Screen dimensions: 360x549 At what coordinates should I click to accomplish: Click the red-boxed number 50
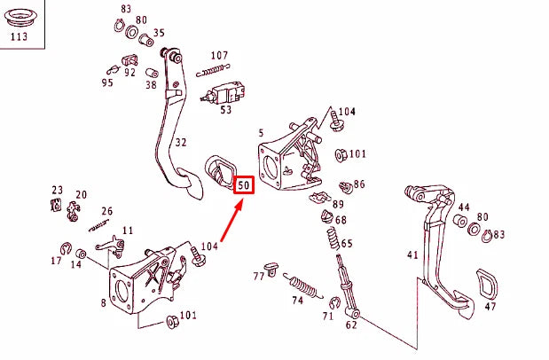pos(244,186)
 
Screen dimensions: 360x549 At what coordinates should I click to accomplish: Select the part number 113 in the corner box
pos(18,37)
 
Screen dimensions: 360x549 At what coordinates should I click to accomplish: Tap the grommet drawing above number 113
pos(18,15)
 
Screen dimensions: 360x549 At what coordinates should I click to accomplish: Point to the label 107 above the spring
pos(219,56)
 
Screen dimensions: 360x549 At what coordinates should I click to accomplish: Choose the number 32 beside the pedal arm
pos(181,141)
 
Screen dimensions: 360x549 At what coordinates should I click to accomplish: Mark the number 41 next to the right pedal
pos(412,255)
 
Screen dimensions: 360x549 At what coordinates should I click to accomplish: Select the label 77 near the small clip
pos(259,276)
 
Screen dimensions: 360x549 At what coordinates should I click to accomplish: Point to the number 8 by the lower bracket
pos(104,303)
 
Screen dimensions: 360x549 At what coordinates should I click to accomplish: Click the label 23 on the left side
pos(58,190)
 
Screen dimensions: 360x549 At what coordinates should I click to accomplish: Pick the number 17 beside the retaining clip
pos(56,262)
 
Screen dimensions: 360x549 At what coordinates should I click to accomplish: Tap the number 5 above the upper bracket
pos(260,133)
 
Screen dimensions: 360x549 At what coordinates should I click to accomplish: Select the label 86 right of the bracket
pos(359,184)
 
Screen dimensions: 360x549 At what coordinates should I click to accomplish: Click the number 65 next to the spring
pos(347,244)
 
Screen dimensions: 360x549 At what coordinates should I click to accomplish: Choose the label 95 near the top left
pos(107,83)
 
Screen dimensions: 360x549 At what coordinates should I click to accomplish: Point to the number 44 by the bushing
pos(464,207)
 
